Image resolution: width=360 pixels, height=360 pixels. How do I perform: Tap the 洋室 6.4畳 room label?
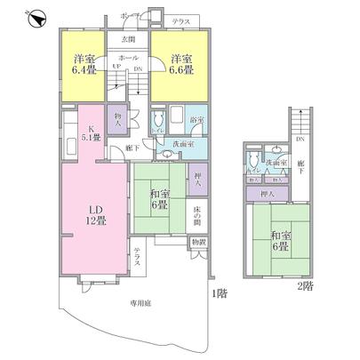85,67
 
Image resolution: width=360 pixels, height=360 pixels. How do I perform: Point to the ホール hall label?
128,57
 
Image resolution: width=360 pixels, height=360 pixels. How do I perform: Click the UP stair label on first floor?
116,67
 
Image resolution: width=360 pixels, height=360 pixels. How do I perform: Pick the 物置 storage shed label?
198,242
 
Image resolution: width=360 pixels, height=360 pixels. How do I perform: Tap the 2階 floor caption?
305,285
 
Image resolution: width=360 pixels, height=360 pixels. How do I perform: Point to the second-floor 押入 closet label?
268,193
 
